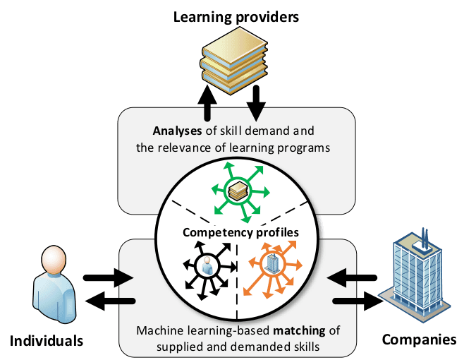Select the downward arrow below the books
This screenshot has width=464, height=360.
point(256,101)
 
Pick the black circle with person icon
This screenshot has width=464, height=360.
point(207,265)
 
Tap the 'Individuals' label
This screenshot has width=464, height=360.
point(47,342)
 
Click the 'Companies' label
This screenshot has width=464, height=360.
point(419,340)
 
